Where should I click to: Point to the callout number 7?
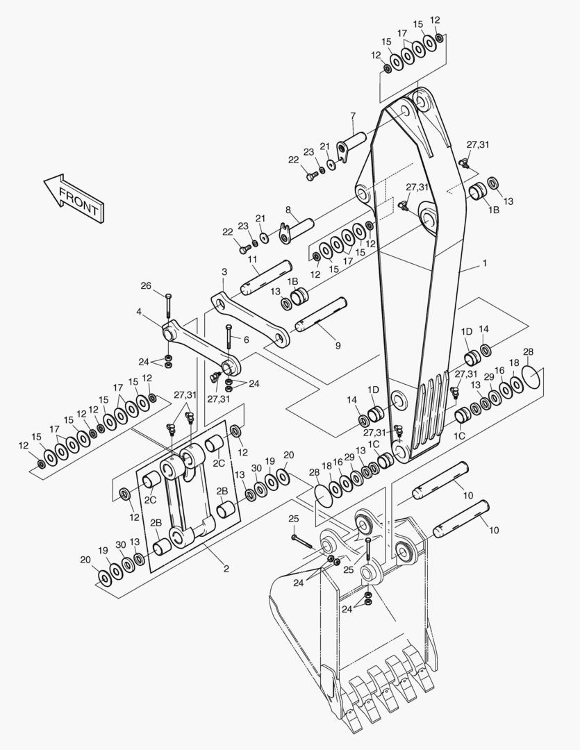[353, 115]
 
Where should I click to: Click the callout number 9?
[338, 344]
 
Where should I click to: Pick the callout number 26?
[146, 285]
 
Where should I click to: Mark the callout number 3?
[224, 272]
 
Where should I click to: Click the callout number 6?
[245, 340]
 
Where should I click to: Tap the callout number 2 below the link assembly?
[226, 569]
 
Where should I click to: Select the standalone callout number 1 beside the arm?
[484, 263]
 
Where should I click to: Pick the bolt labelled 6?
[229, 340]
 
